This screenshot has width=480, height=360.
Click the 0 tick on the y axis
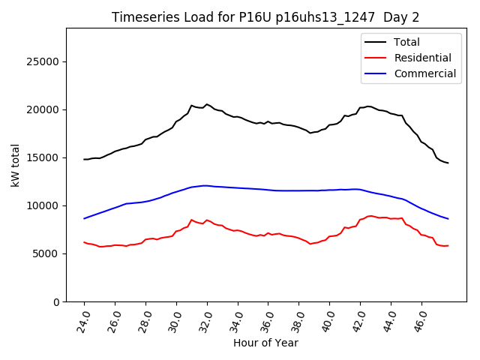coord(57,301)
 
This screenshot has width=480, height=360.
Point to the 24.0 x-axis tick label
coord(84,321)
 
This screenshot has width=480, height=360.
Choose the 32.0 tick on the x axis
coord(207,321)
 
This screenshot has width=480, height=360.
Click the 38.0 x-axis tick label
coord(299,321)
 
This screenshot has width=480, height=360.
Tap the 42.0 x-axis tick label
coord(361,321)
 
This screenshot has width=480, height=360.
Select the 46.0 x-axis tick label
coord(422,321)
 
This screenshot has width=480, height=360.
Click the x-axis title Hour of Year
coord(265,343)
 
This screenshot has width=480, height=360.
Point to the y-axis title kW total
coord(16,165)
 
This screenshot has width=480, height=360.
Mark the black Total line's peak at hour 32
coord(207,104)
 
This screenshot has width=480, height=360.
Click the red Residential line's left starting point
coord(84,242)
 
